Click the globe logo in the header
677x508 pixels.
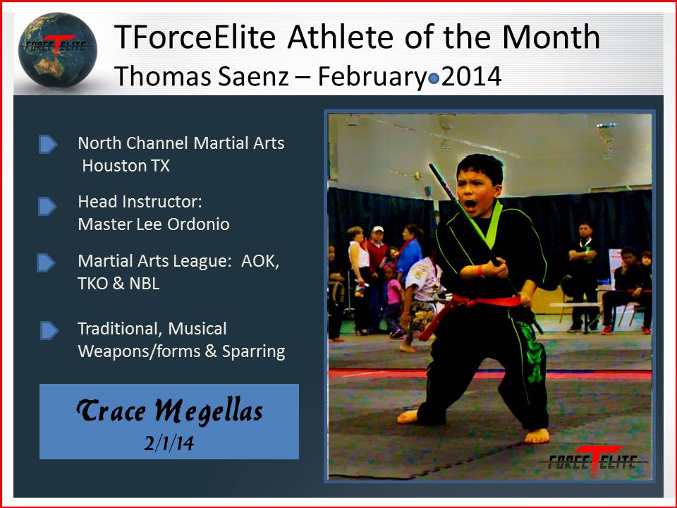click(57, 50)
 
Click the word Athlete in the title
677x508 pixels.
click(340, 37)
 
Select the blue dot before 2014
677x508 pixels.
click(434, 79)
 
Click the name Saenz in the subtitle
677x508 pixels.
click(253, 77)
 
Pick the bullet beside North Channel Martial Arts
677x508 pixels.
click(47, 144)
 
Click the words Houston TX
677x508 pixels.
click(126, 166)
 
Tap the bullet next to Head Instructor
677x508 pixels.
click(47, 207)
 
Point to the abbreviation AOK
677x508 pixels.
click(260, 261)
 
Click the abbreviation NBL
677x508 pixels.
click(144, 284)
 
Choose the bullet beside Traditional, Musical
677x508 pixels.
click(49, 330)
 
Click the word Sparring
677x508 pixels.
click(253, 352)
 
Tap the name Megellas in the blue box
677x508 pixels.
click(209, 411)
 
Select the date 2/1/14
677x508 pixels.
click(169, 443)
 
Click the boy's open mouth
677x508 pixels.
click(470, 205)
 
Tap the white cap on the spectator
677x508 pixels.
click(378, 229)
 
